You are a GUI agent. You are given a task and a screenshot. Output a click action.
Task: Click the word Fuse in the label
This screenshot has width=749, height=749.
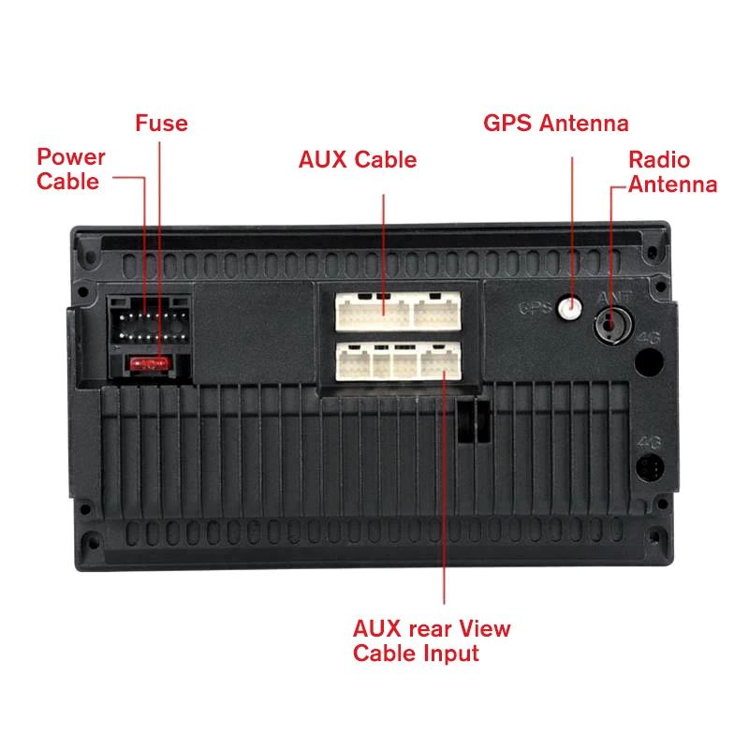click(x=161, y=124)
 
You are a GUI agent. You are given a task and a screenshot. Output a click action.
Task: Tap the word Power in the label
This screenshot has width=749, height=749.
click(x=71, y=156)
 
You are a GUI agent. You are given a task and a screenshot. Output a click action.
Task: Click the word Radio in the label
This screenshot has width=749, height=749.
click(x=659, y=159)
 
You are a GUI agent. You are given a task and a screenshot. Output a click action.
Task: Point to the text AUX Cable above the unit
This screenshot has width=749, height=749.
click(x=358, y=159)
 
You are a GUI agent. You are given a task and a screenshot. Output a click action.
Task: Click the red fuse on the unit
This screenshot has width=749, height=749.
click(x=149, y=360)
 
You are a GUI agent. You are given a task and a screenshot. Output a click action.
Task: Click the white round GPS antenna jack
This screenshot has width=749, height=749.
click(x=567, y=306)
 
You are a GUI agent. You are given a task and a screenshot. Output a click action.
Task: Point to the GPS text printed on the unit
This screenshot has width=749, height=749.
click(x=536, y=307)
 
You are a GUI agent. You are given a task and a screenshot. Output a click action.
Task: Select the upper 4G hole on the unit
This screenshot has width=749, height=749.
click(x=651, y=360)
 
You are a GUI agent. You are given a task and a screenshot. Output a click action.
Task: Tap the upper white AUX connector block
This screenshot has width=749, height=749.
click(x=397, y=310)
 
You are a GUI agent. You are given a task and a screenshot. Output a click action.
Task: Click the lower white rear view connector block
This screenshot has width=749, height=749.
click(x=397, y=360)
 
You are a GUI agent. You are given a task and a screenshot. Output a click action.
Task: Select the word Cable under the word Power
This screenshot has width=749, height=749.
click(x=67, y=181)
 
